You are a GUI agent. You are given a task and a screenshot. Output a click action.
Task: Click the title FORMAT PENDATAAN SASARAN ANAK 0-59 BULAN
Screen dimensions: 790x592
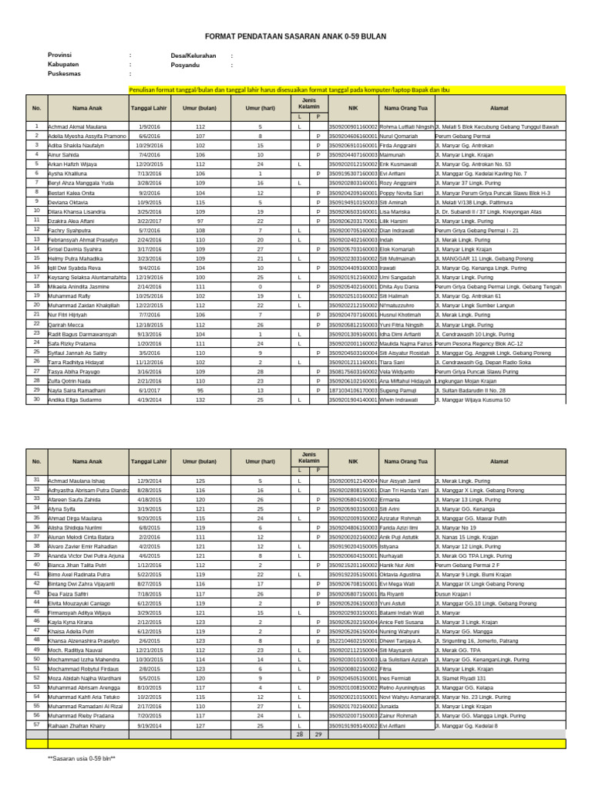coord(295,36)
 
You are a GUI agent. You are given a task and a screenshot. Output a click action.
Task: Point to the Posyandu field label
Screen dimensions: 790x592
coord(186,66)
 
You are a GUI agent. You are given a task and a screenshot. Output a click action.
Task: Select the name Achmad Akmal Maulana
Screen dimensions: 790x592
coord(77,126)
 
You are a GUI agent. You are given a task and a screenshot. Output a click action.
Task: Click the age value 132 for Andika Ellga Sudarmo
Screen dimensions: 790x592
coord(200,400)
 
